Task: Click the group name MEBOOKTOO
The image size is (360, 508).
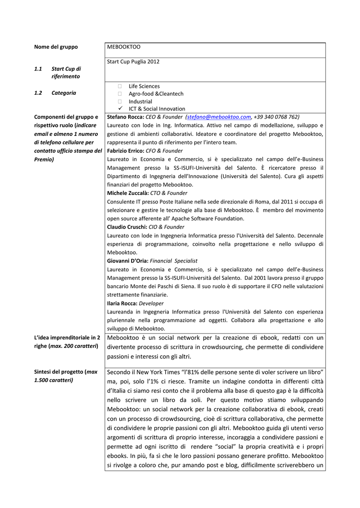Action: click(x=124, y=47)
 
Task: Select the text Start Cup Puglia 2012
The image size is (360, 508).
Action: click(x=133, y=62)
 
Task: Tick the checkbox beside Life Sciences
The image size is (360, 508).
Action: click(x=120, y=86)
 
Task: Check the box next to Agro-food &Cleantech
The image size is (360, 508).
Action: click(x=120, y=94)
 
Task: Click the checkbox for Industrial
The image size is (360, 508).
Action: click(x=120, y=102)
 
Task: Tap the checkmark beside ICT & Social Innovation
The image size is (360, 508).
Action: click(x=120, y=109)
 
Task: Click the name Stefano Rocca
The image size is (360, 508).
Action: click(x=125, y=117)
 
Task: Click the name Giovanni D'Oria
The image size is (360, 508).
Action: click(x=127, y=260)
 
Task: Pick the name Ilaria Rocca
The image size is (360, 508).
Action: click(x=122, y=303)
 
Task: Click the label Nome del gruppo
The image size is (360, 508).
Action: click(x=56, y=47)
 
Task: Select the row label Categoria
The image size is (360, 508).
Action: click(x=64, y=93)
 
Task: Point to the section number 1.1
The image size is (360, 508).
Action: click(x=38, y=69)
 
